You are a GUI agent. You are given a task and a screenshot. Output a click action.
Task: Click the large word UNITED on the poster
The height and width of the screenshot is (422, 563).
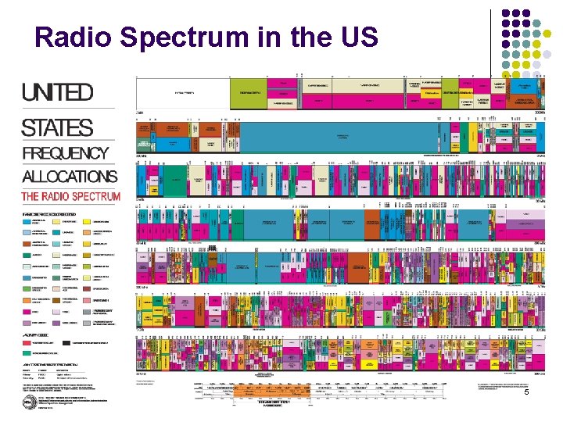[58, 92]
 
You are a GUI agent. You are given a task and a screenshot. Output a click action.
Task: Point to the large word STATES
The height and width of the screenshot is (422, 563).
[57, 127]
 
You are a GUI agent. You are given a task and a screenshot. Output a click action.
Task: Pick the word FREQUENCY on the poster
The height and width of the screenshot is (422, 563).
[66, 154]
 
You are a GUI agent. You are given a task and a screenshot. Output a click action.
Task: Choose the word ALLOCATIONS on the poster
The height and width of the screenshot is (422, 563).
[70, 177]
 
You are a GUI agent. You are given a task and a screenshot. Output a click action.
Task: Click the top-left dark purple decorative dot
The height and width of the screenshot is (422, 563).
[507, 13]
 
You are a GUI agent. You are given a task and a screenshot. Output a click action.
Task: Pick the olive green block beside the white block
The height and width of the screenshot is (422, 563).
[248, 92]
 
